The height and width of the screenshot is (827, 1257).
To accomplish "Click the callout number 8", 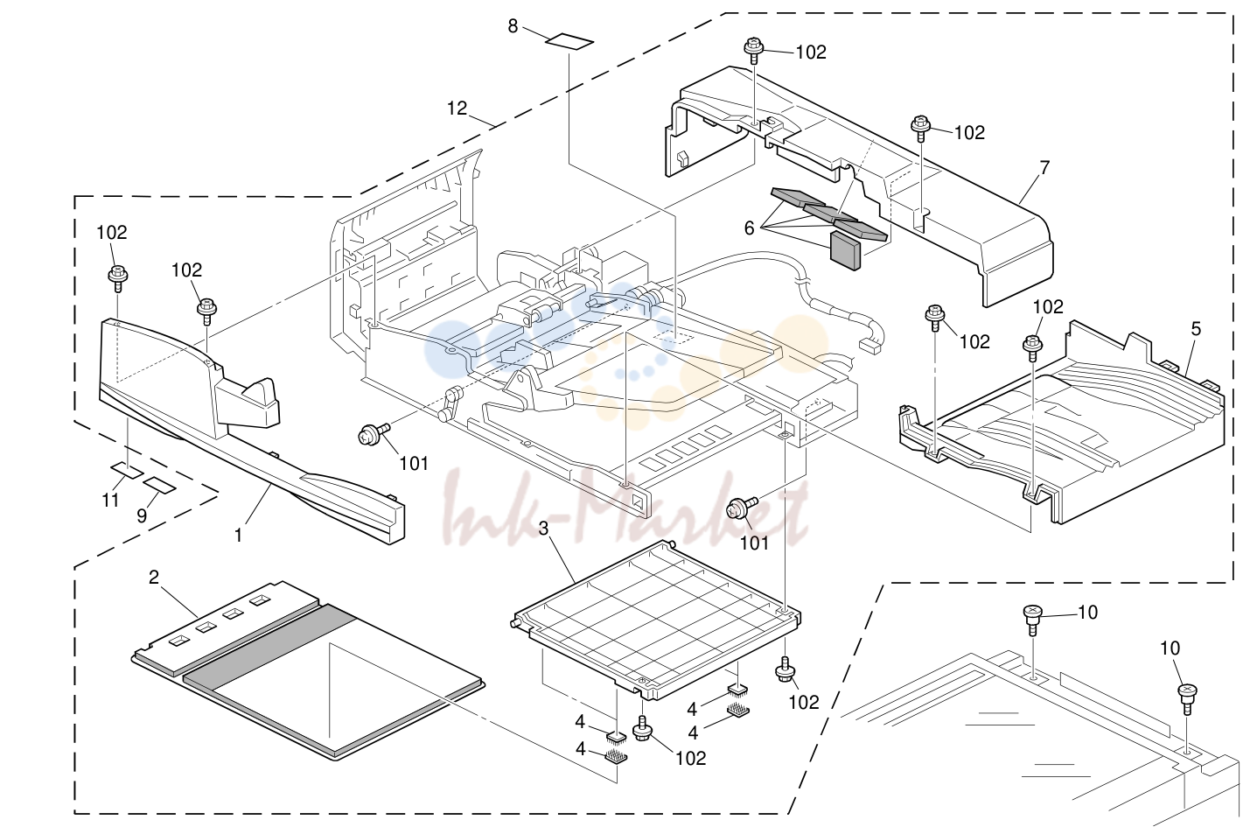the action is point(513,26).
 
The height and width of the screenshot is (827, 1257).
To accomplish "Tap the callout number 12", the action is point(457,108).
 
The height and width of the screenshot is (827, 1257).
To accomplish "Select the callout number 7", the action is point(1044,167).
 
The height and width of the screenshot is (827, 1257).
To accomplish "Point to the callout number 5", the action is point(1196,328).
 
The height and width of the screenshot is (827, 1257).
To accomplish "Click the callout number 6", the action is point(749,228).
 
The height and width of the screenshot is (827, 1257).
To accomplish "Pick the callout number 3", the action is point(543,529).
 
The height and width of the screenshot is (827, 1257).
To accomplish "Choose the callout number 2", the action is point(154,577).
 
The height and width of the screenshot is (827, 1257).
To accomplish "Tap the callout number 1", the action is point(239,536).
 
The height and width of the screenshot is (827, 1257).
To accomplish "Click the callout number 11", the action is point(110,499).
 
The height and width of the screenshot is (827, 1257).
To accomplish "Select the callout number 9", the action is point(142,515).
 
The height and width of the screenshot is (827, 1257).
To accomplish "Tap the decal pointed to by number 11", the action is point(127,470).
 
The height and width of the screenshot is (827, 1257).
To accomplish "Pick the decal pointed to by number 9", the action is point(159,485).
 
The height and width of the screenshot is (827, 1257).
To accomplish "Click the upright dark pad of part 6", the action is point(844,251).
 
